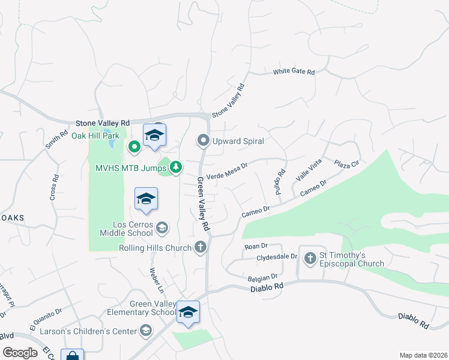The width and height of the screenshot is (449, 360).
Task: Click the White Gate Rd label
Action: tap(294, 72)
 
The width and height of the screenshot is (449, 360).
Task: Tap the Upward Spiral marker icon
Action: tap(203, 141)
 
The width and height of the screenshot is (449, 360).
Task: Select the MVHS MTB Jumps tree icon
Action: tap(176, 167)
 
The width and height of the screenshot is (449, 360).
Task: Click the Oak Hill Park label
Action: tap(96, 136)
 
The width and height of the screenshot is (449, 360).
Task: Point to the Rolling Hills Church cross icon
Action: tap(200, 247)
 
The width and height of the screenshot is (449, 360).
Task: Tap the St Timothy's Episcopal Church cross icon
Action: tap(310, 259)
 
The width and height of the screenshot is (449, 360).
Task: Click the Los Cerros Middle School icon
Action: tap(161, 228)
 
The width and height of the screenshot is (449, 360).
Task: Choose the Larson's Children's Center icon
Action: tap(146, 331)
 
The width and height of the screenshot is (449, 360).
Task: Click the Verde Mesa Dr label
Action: tap(227, 171)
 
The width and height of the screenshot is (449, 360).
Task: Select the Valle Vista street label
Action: tap(309, 170)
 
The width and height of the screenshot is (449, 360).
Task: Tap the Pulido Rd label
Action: tap(280, 181)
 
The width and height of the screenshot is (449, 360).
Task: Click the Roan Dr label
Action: tap(255, 246)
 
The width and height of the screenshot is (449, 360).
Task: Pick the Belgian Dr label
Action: tap(262, 278)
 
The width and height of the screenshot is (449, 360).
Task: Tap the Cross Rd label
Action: tap(55, 187)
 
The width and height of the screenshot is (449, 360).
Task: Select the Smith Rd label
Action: tap(56, 140)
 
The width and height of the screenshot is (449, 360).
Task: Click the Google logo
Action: tap(20, 353)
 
